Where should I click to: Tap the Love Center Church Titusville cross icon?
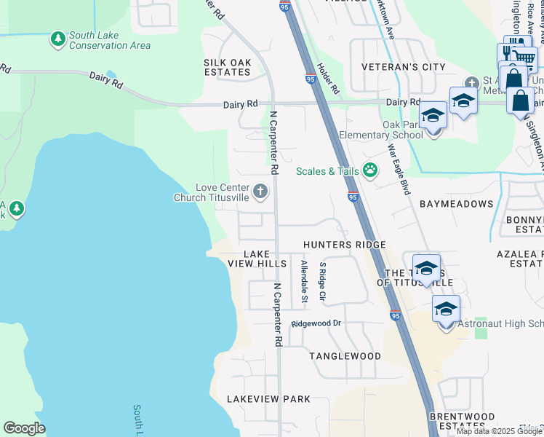pyautogui.click(x=260, y=192)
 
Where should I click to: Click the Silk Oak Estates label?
pyautogui.click(x=228, y=67)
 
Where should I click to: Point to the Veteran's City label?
pyautogui.click(x=404, y=67)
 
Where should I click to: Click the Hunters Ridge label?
pyautogui.click(x=344, y=245)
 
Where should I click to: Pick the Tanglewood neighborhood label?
pyautogui.click(x=345, y=356)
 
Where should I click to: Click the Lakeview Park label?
pyautogui.click(x=268, y=399)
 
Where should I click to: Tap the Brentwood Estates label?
pyautogui.click(x=462, y=421)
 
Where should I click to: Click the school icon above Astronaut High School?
pyautogui.click(x=446, y=309)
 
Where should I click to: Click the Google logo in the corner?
pyautogui.click(x=24, y=428)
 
